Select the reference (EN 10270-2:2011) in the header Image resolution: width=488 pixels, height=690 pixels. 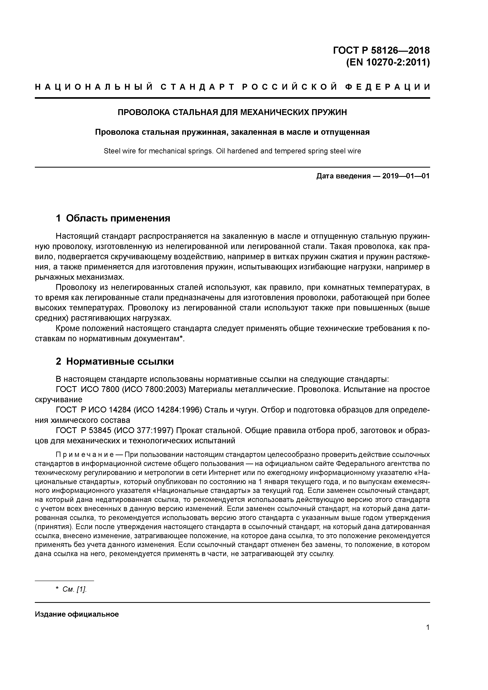388,63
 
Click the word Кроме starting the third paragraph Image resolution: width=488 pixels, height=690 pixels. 68,328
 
